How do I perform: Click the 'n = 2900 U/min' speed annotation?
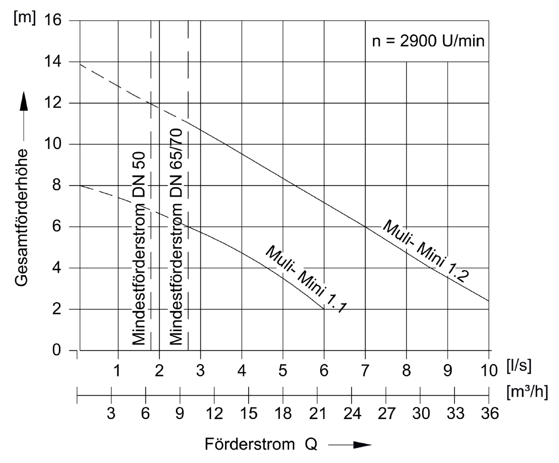click(x=428, y=41)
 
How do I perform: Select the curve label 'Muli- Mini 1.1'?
click(x=306, y=279)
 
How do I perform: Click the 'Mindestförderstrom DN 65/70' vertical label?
click(x=176, y=237)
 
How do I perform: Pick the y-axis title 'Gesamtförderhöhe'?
click(x=21, y=217)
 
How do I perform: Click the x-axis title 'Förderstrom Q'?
click(x=261, y=444)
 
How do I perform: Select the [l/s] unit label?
click(x=519, y=366)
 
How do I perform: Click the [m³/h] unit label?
click(x=527, y=392)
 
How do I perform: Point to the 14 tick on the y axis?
click(x=53, y=62)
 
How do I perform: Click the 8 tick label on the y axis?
click(x=57, y=186)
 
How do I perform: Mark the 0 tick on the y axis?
click(x=57, y=350)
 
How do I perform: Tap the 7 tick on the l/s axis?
click(x=365, y=371)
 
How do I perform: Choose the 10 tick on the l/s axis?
click(x=489, y=371)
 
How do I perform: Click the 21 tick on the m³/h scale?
click(x=318, y=414)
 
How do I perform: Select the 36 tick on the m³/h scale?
click(x=490, y=414)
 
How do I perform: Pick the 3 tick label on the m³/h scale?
click(x=111, y=414)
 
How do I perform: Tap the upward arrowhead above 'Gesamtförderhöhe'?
click(x=24, y=102)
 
